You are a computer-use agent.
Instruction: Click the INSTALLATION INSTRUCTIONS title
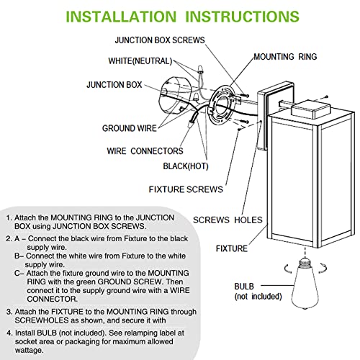182,17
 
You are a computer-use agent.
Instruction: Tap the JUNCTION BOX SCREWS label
160,40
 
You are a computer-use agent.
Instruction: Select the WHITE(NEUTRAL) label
140,61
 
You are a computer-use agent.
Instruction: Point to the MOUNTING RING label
285,57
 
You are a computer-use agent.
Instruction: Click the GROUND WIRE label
130,128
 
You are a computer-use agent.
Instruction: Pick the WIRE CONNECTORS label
145,151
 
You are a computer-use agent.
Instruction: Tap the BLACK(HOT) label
186,166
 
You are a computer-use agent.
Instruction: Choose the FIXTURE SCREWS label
186,189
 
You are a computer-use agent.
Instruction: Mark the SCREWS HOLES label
228,220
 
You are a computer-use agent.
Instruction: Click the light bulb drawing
305,283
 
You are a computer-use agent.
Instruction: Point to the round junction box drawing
176,96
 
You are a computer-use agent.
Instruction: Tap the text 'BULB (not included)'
258,291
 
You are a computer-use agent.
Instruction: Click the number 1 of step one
9,217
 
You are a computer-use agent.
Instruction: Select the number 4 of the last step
9,333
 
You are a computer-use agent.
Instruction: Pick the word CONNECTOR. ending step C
53,299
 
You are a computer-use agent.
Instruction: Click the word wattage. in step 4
30,351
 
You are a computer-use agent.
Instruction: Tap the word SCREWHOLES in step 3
42,320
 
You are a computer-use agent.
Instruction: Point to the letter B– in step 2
19,256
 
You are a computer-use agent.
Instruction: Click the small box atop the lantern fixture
310,109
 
